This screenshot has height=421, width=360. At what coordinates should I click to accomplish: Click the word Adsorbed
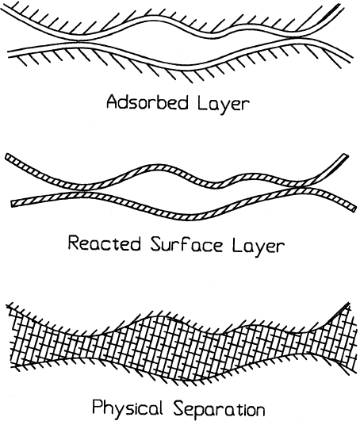coord(147,102)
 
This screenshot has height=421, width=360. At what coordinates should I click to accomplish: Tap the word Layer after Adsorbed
coord(223,105)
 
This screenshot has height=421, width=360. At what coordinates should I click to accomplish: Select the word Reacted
coord(104,243)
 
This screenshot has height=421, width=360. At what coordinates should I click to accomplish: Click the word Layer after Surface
coord(258,246)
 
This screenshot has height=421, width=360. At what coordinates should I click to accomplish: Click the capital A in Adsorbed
coord(113,102)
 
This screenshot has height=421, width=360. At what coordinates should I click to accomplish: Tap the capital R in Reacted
coord(74,243)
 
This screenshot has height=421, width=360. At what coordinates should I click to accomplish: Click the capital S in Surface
coord(156,243)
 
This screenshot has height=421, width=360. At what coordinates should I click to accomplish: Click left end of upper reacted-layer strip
coord(7,156)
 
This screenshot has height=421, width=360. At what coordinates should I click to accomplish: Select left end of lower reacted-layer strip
coord(13,203)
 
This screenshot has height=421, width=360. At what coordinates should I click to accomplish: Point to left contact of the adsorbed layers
coord(82,40)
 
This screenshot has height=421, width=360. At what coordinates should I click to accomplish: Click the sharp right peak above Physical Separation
coord(348,303)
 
